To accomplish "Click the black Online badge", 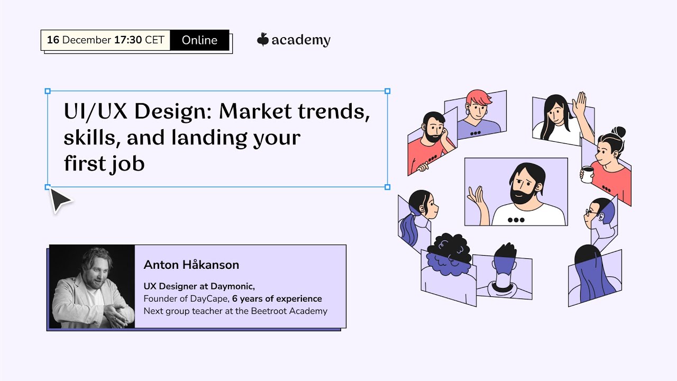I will [199, 40].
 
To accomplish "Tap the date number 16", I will [52, 40].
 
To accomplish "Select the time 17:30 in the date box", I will [127, 40].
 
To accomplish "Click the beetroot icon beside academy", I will [262, 40].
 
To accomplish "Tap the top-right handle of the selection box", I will [387, 91].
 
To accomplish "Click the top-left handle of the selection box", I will [48, 91].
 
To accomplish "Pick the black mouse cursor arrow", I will [60, 200].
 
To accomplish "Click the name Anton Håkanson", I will [191, 265].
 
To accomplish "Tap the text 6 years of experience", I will [277, 298].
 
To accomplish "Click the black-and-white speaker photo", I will [92, 286].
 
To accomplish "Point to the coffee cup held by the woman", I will [587, 174].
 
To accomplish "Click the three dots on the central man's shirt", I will [516, 220].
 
